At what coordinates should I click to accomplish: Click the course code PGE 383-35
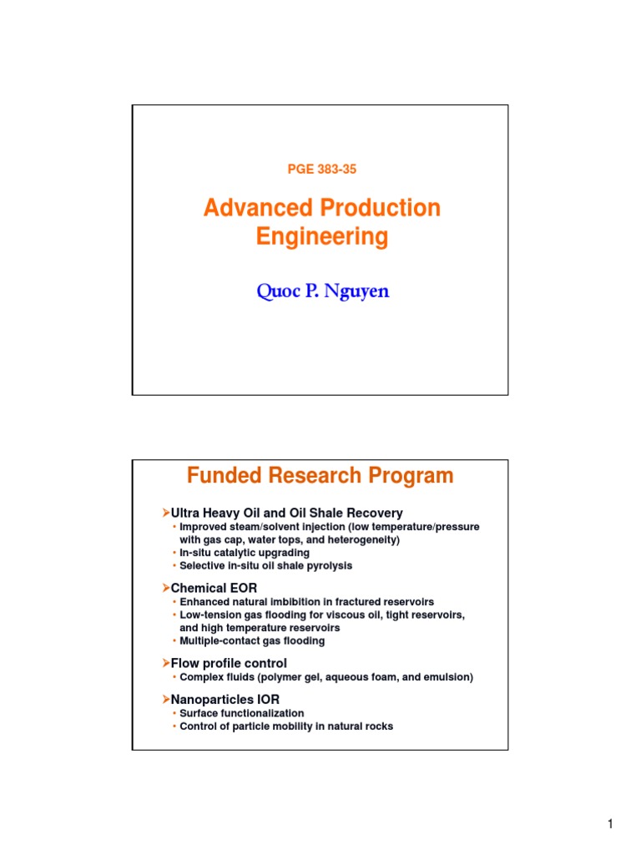(x=321, y=169)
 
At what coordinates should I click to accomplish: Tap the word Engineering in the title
(x=321, y=237)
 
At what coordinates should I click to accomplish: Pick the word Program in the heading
(x=411, y=476)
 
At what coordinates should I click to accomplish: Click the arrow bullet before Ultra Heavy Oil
(x=165, y=513)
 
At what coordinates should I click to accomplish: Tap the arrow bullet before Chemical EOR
(x=165, y=588)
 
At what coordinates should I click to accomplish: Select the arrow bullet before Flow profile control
(x=165, y=663)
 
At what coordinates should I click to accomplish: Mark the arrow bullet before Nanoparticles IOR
(x=165, y=699)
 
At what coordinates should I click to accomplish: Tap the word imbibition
(x=300, y=601)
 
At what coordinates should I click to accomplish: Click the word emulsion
(x=447, y=677)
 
